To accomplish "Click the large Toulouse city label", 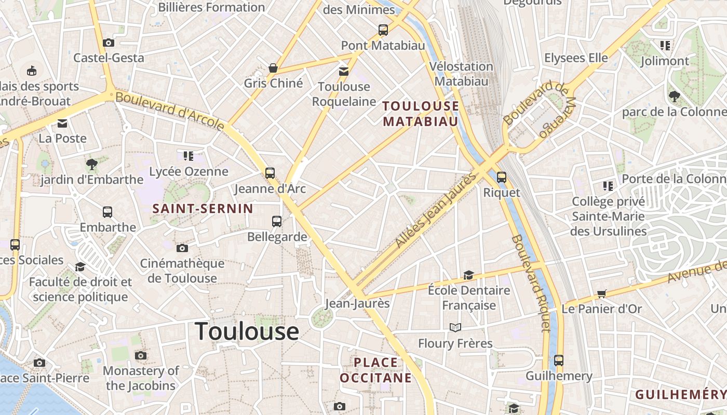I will click(x=247, y=331).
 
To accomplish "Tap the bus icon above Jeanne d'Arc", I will click(x=270, y=173).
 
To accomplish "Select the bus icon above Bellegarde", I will click(x=277, y=222).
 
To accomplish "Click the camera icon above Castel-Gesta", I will click(x=108, y=43).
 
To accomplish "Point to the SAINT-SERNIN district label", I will click(x=203, y=209).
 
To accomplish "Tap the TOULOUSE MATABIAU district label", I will click(x=421, y=114).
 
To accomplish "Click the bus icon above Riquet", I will click(x=501, y=177).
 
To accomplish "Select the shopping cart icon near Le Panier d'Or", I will click(x=602, y=294).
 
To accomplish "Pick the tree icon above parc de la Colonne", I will click(x=675, y=96).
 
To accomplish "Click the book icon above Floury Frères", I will click(x=455, y=327).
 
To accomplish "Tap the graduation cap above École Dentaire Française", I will click(x=468, y=275).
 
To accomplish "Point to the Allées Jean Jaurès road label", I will click(x=436, y=210).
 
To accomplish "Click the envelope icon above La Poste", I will click(x=62, y=123).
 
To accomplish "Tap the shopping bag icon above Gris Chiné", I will click(x=273, y=68).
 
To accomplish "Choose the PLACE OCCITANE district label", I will click(x=375, y=370).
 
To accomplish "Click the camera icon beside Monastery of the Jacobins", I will click(x=140, y=355).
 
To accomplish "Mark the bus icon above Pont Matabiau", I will click(x=383, y=30).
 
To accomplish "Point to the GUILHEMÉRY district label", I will click(x=680, y=395).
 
